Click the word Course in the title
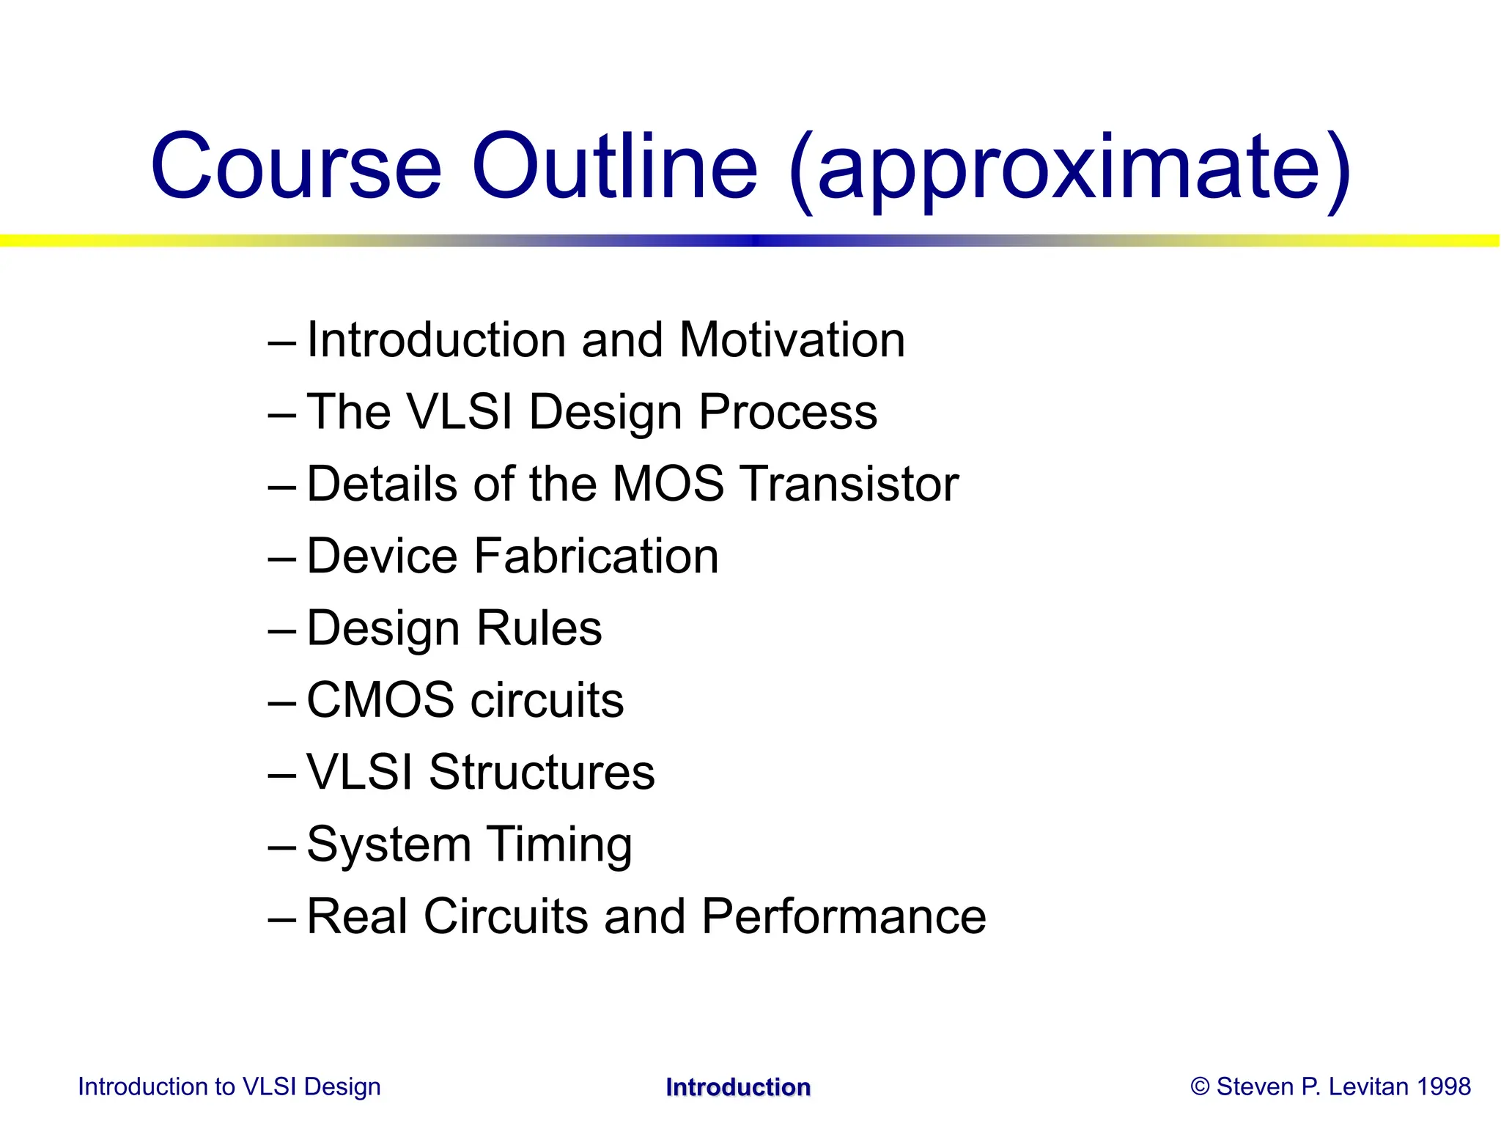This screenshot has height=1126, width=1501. click(295, 167)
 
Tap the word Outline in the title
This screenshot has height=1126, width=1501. click(614, 167)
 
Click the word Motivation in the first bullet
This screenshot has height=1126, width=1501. click(792, 340)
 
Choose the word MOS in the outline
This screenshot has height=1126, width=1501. click(668, 484)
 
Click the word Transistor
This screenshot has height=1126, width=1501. click(849, 484)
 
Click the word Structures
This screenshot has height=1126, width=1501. click(542, 772)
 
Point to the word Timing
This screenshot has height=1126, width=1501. click(559, 845)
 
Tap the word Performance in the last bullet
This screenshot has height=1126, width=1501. click(844, 916)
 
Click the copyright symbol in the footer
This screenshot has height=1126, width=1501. click(1200, 1086)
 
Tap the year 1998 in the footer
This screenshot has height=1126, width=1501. click(1444, 1086)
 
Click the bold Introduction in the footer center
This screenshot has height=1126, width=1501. click(738, 1087)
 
